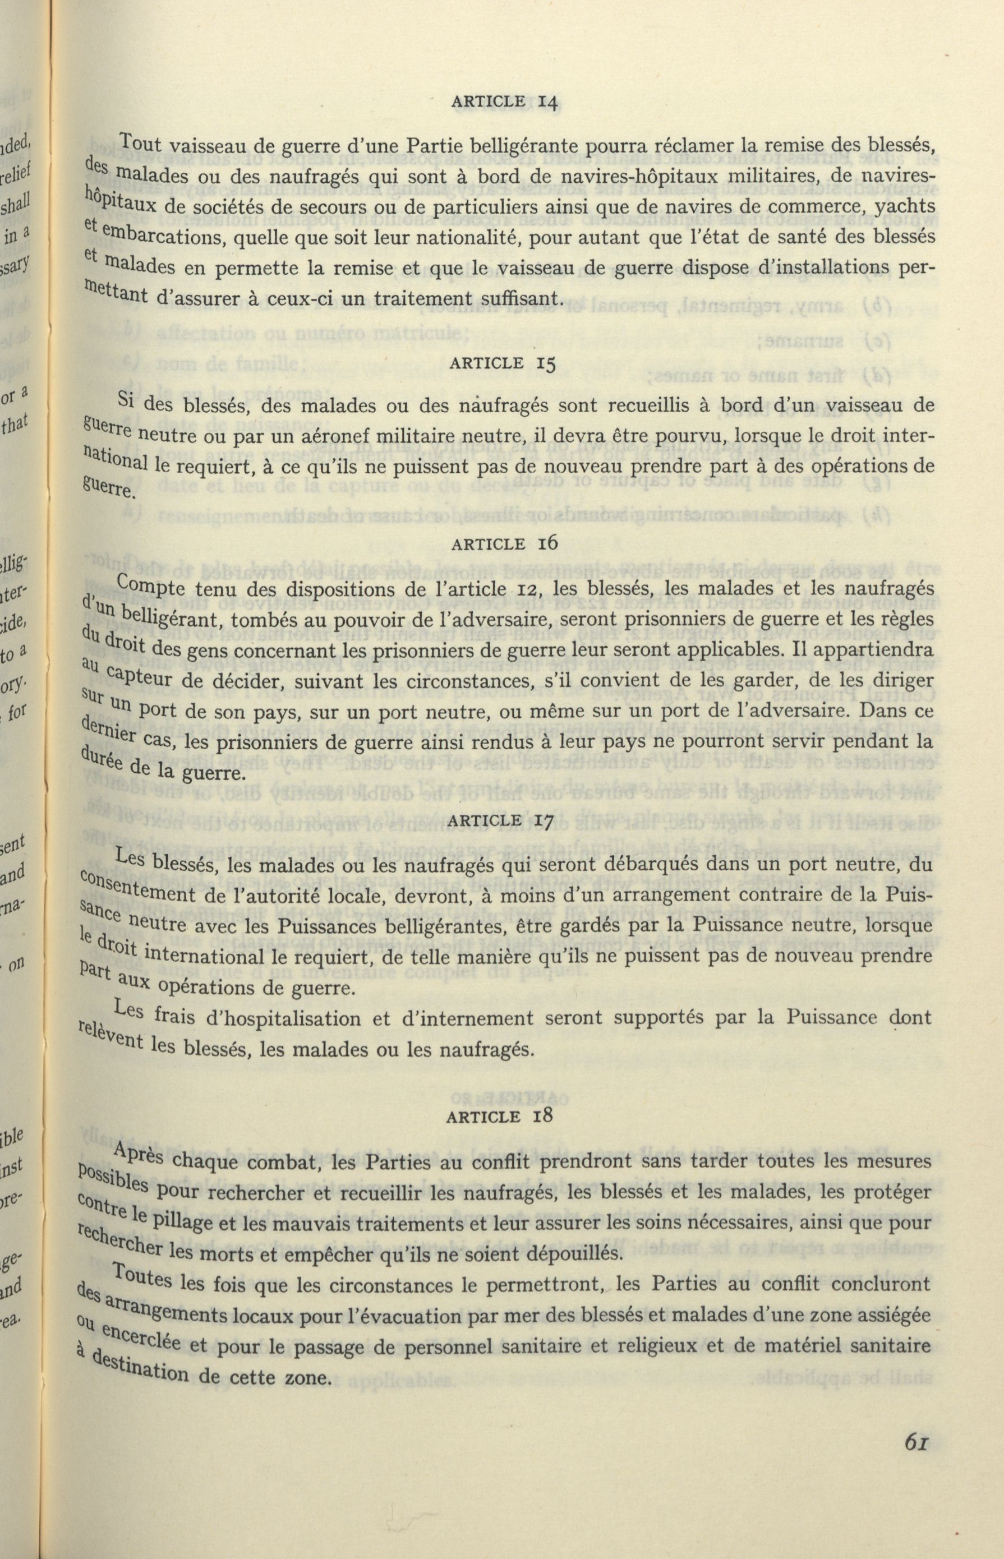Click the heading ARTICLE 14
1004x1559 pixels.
tap(502, 102)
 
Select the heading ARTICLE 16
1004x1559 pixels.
tap(502, 544)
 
